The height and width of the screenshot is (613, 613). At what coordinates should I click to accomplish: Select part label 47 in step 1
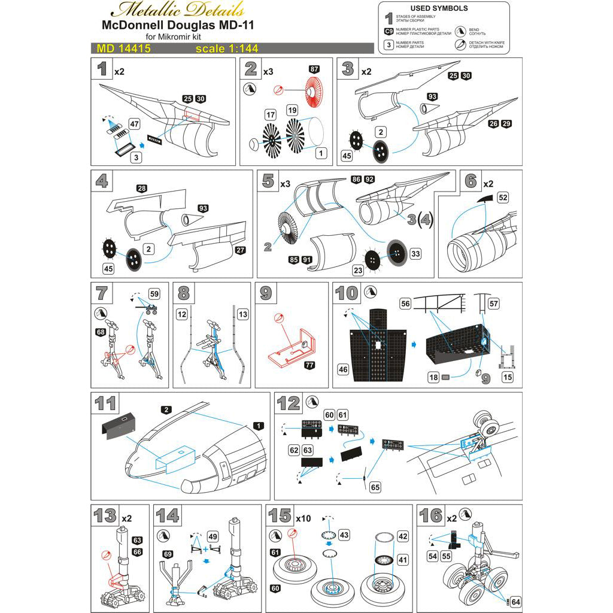[134, 123]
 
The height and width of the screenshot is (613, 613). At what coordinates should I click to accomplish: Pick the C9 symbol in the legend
[389, 31]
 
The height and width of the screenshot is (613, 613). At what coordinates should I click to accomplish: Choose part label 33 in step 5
[415, 254]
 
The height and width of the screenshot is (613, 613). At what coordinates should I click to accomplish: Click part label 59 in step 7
[155, 294]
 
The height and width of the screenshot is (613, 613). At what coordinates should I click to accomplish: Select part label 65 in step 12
[375, 487]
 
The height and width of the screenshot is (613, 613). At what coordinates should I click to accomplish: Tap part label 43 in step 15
[344, 534]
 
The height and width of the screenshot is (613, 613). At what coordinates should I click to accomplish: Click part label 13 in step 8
[242, 314]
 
